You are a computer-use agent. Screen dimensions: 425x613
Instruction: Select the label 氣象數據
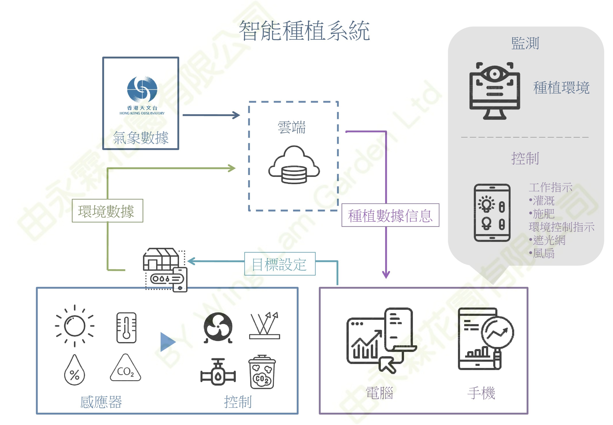coord(141,138)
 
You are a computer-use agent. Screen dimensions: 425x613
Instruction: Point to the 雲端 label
coord(292,127)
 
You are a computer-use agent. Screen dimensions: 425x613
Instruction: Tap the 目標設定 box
coord(280,264)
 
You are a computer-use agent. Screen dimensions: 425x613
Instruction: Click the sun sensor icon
coord(75,326)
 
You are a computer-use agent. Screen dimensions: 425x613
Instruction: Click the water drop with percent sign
coord(75,370)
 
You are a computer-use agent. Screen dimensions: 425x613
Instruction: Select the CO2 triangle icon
coord(125,369)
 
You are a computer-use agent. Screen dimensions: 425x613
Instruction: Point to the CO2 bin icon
coord(262,372)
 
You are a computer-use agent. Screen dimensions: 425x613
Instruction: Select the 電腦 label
coord(379,393)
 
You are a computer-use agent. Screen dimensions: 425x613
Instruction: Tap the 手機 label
coord(481,393)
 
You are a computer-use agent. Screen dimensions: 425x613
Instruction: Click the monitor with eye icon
coord(494,90)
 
